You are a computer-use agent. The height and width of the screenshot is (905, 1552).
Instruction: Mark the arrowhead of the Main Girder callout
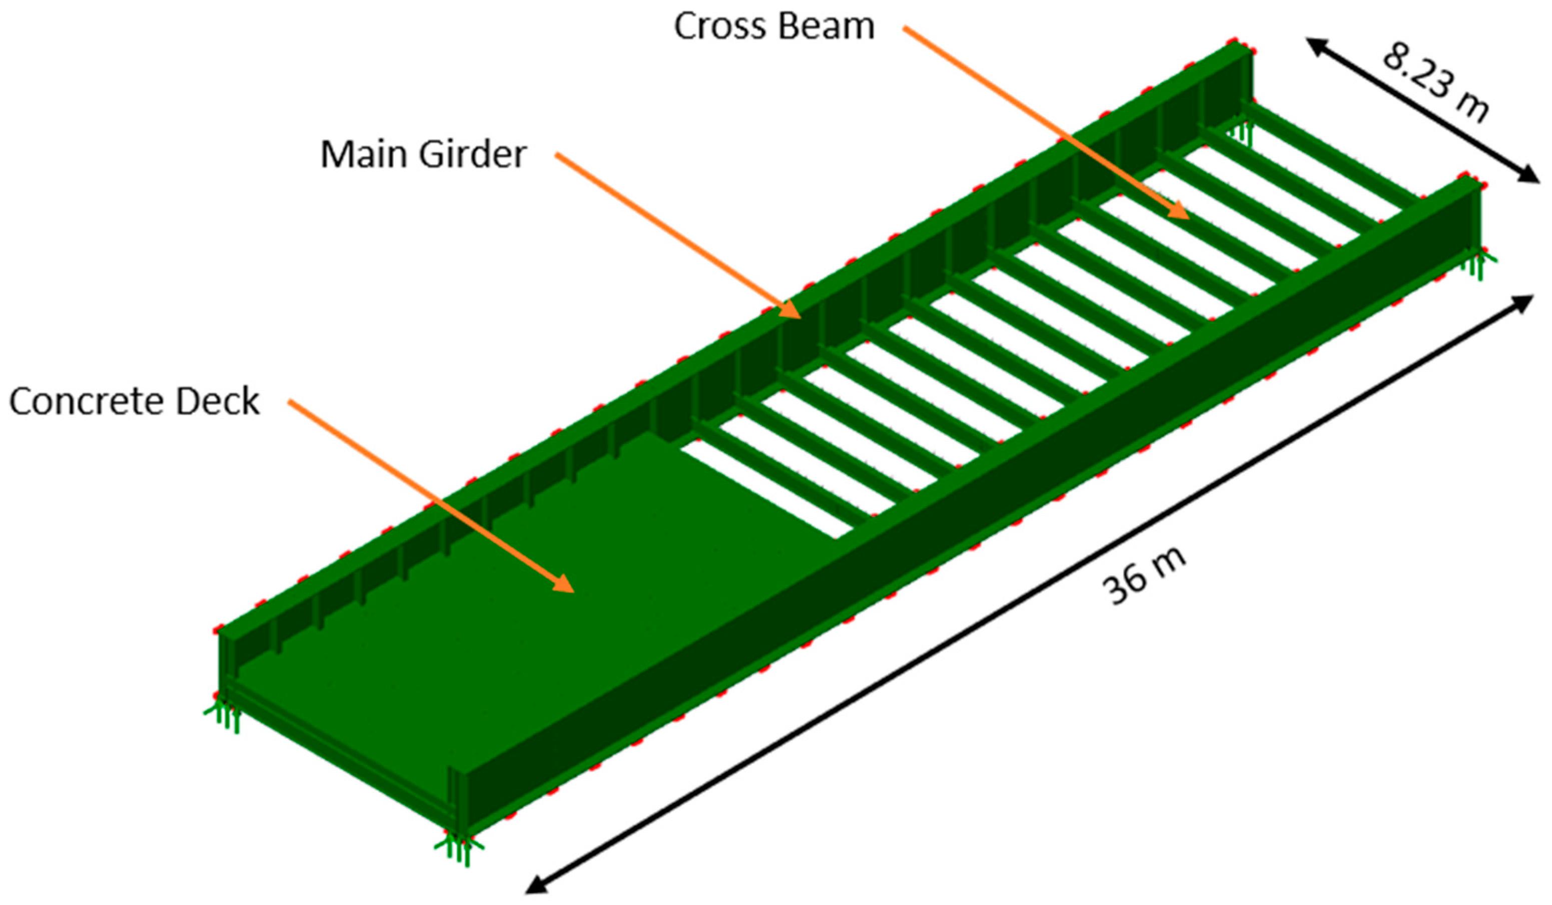tap(792, 312)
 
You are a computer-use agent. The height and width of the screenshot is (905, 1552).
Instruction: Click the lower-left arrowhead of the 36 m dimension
tap(534, 886)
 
